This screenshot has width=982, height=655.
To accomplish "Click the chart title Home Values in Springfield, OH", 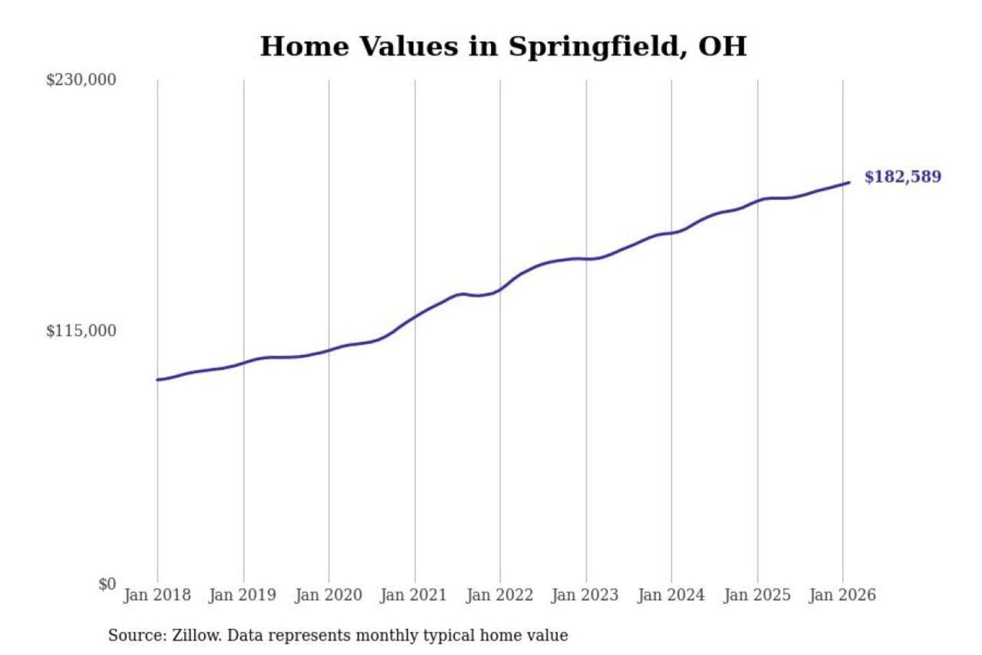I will [x=503, y=46].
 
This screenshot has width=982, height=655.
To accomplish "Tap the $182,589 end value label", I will [x=902, y=177].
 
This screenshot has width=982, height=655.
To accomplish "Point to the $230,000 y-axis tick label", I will [x=80, y=80].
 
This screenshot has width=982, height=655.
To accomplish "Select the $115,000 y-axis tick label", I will [x=80, y=331].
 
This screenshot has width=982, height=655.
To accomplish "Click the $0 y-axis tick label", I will [x=106, y=584].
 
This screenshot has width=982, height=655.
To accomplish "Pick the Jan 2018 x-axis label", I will [x=157, y=595].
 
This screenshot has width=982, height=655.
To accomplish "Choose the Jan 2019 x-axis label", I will [x=242, y=595].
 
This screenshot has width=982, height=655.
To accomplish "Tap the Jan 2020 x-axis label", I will [x=328, y=595].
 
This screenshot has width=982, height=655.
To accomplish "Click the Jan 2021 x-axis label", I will [x=413, y=595].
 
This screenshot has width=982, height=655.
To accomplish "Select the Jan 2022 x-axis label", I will [x=499, y=595].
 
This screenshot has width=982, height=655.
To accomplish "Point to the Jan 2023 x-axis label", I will [x=584, y=595].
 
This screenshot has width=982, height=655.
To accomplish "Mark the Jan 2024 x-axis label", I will [x=670, y=595].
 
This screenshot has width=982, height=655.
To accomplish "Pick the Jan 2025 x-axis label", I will [x=756, y=595].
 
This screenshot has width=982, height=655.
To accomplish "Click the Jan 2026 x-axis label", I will [x=842, y=595].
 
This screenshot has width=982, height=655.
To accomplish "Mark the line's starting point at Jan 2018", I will [x=158, y=379].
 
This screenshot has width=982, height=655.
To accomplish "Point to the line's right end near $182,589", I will [x=849, y=182].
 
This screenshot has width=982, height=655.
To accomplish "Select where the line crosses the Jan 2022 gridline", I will [x=500, y=289].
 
